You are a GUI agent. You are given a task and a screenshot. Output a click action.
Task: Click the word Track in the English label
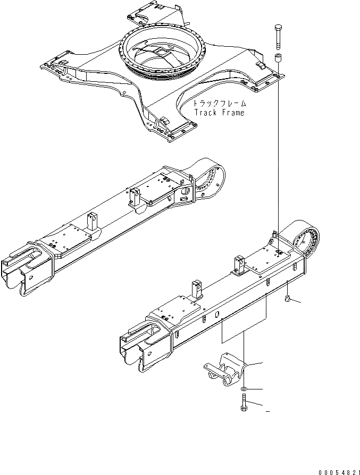coord(204,113)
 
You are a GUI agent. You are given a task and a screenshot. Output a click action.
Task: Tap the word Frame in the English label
coord(232,113)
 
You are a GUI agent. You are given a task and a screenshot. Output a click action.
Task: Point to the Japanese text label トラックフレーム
coord(219,104)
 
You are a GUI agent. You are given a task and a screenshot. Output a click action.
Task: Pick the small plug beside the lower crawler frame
coord(288,301)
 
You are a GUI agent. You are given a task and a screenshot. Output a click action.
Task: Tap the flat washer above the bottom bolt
coord(244,390)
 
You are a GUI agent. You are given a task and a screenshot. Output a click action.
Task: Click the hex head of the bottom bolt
coord(244,409)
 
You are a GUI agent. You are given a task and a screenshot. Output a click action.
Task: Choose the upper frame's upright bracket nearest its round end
coord(135,197)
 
